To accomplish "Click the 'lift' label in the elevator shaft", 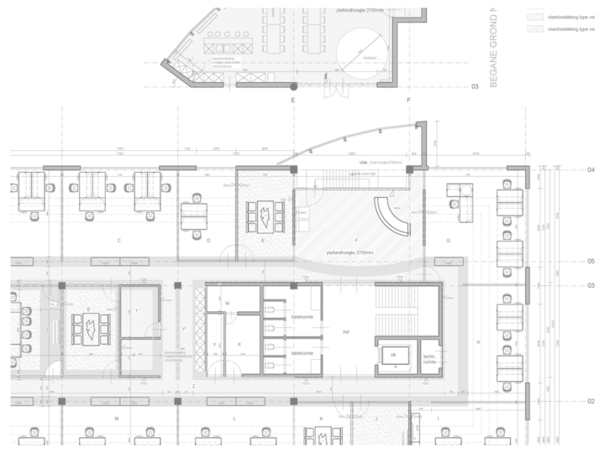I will coord(392,356).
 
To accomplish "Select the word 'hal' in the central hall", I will coord(345,331).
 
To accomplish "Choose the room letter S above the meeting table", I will coord(88,309).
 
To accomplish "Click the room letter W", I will coord(227,302).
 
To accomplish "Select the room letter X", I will coord(239,344).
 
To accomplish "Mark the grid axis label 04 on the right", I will coord(591,170).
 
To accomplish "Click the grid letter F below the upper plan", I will coord(408,100).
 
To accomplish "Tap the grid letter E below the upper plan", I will coord(293,100).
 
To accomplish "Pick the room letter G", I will coord(449,241).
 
